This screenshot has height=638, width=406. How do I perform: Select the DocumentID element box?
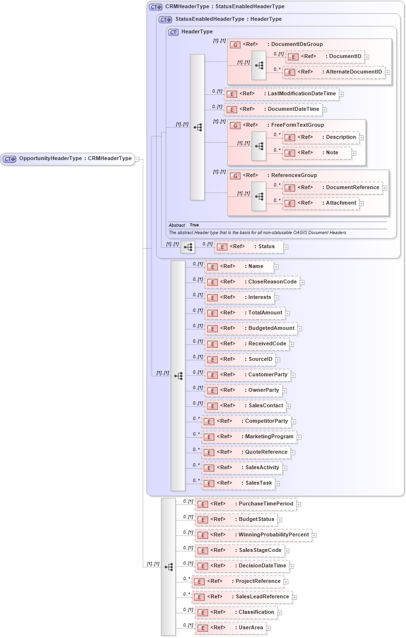[x=325, y=57]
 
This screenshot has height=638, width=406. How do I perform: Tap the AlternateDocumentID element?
[x=334, y=72]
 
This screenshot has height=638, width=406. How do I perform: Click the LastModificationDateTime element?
[x=282, y=94]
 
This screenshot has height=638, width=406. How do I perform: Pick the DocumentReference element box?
[x=332, y=188]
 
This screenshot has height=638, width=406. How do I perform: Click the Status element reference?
[x=248, y=247]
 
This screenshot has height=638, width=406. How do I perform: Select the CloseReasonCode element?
[x=252, y=282]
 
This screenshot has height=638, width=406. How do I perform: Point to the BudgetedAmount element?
[x=251, y=328]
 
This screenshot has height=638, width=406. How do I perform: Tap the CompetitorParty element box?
[x=246, y=421]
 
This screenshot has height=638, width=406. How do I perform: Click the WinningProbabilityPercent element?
[x=254, y=535]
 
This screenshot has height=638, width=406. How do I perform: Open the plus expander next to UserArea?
[x=269, y=628]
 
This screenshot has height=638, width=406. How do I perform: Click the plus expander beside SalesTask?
[x=277, y=483]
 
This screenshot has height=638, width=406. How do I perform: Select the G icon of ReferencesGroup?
[x=235, y=176]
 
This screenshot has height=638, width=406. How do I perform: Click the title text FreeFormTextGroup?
[x=297, y=125]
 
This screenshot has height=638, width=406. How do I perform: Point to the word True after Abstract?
[x=194, y=225]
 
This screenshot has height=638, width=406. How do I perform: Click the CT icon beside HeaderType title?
[x=173, y=32]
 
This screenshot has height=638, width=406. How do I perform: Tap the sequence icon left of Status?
[x=188, y=247]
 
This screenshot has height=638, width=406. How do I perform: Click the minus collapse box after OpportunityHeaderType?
[x=137, y=159]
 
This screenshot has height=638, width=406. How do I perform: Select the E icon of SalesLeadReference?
[x=198, y=597]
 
